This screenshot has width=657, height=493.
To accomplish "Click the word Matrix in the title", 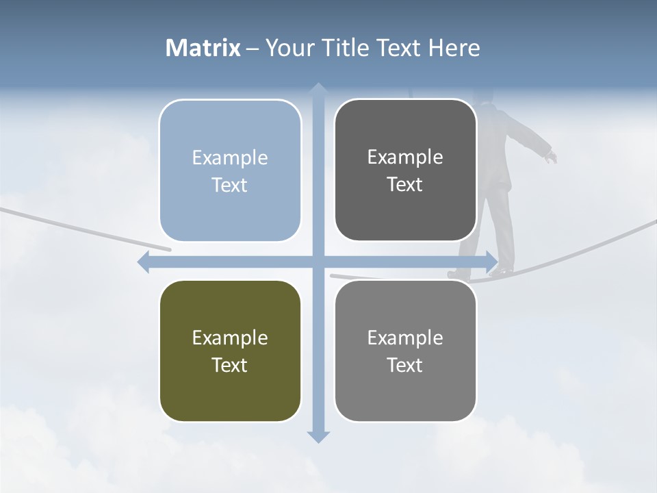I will pyautogui.click(x=203, y=48).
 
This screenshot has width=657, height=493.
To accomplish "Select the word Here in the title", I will pyautogui.click(x=454, y=48).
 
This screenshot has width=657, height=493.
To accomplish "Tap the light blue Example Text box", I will pyautogui.click(x=230, y=170).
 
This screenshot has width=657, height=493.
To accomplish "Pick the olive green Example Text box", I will pyautogui.click(x=230, y=351).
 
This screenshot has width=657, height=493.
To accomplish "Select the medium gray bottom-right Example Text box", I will pyautogui.click(x=405, y=351).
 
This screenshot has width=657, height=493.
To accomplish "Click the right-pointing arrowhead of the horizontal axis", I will pyautogui.click(x=492, y=262).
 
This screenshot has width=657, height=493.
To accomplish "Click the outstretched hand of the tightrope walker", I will pyautogui.click(x=551, y=157).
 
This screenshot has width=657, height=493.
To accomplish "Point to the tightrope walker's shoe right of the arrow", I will pyautogui.click(x=503, y=273).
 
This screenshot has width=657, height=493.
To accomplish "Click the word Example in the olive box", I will pyautogui.click(x=230, y=338).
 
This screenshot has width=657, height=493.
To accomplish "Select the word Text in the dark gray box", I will pyautogui.click(x=405, y=184).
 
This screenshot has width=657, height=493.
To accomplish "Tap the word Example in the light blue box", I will pyautogui.click(x=230, y=157).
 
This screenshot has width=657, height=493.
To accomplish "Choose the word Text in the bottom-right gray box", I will pyautogui.click(x=405, y=365).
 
